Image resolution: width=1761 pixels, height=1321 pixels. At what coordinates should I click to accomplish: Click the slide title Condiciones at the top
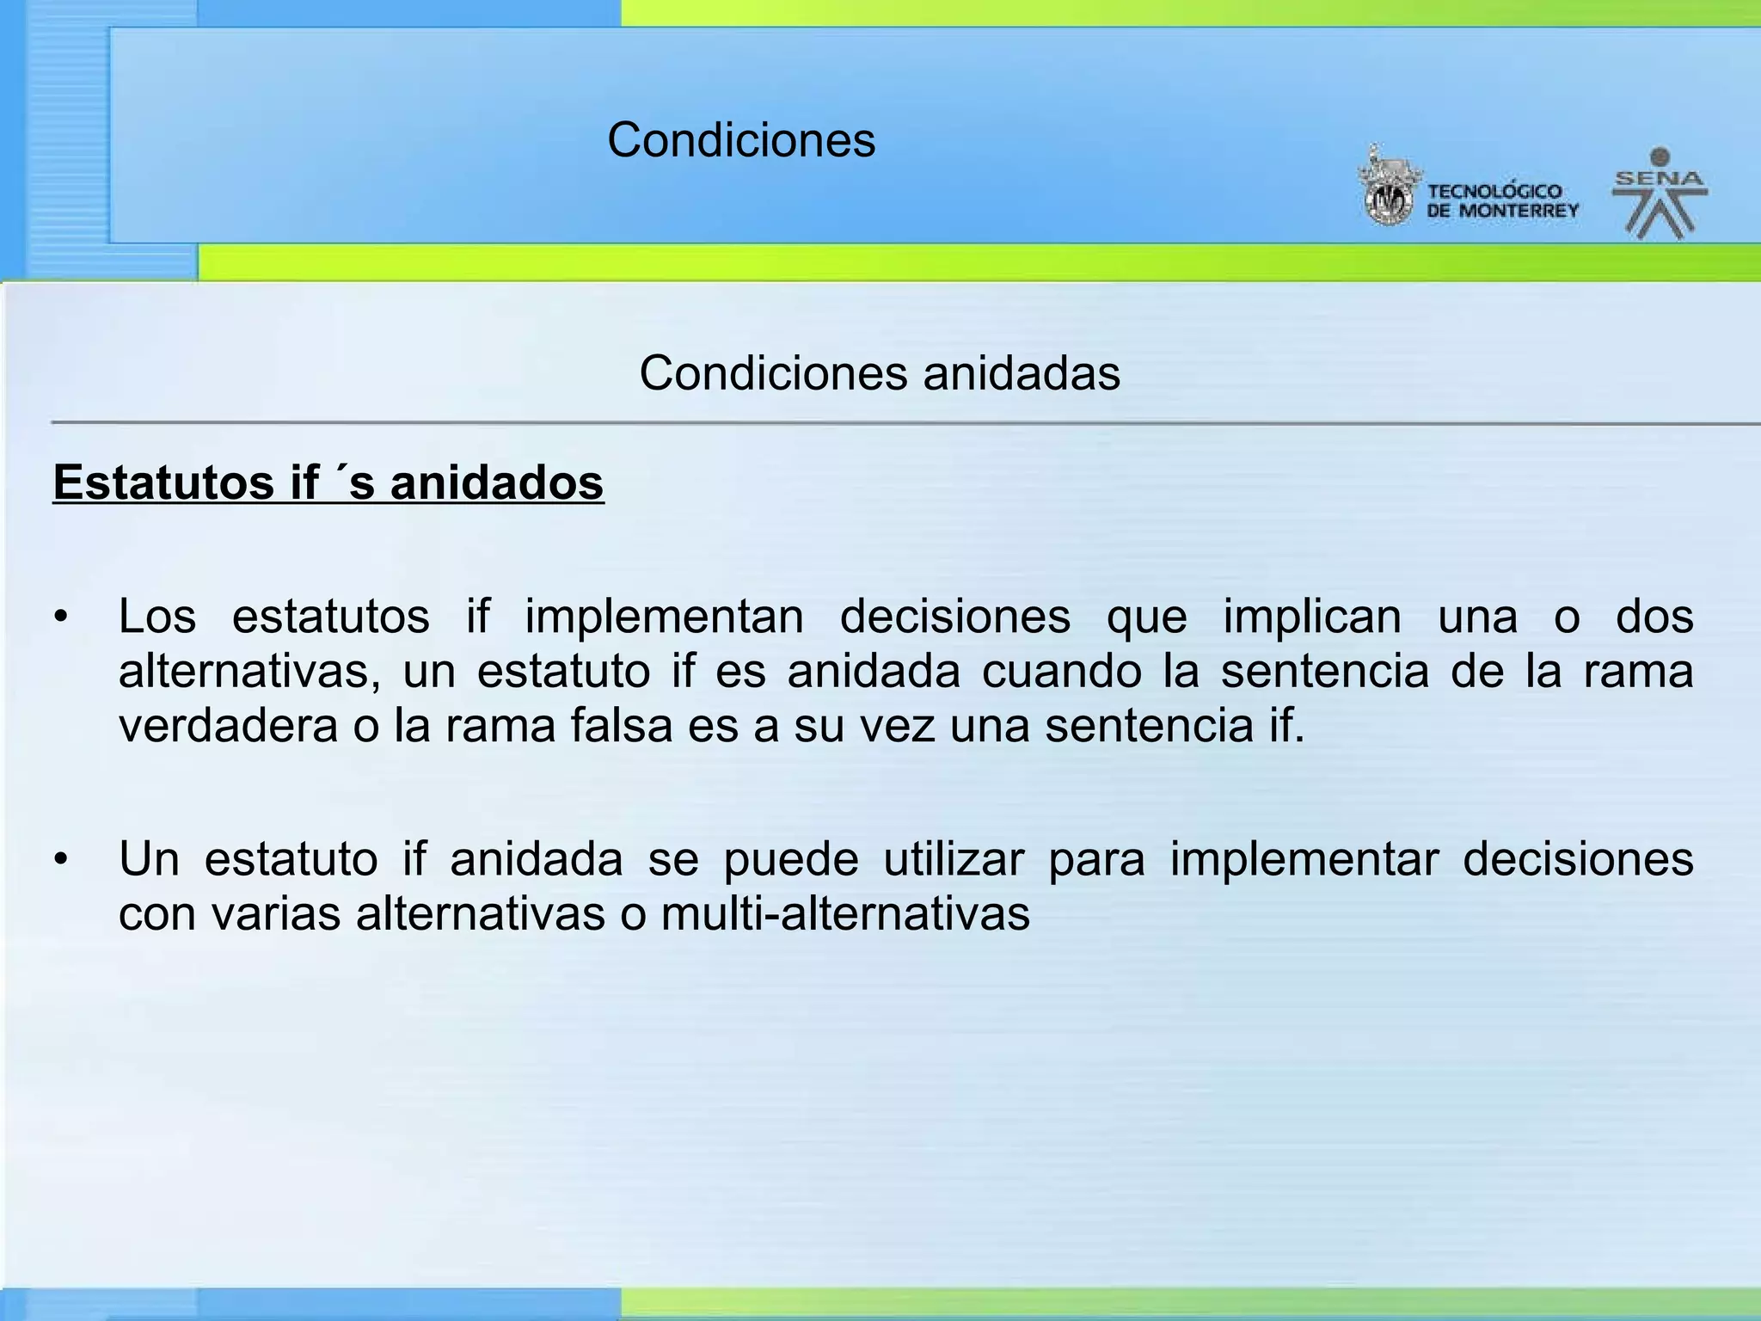(x=741, y=139)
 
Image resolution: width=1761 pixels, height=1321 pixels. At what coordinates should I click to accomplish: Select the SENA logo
(x=1660, y=193)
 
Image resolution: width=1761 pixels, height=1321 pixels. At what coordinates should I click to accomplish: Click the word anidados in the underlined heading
(x=497, y=482)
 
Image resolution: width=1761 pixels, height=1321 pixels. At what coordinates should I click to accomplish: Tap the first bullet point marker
(x=59, y=617)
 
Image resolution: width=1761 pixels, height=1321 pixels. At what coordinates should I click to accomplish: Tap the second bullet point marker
(x=59, y=860)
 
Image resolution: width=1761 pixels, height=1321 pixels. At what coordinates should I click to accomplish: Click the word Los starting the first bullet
(x=157, y=617)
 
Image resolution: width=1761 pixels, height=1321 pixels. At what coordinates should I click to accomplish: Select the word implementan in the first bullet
(x=664, y=617)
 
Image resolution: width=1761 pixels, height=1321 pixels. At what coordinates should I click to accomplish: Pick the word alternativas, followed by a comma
(x=249, y=672)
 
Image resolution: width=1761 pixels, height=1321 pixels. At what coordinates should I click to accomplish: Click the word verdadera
(x=228, y=726)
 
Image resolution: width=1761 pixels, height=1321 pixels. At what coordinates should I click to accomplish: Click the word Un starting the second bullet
(x=149, y=859)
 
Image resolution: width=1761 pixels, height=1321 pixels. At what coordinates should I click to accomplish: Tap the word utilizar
(x=954, y=859)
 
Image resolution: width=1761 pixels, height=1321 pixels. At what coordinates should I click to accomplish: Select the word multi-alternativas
(x=845, y=913)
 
